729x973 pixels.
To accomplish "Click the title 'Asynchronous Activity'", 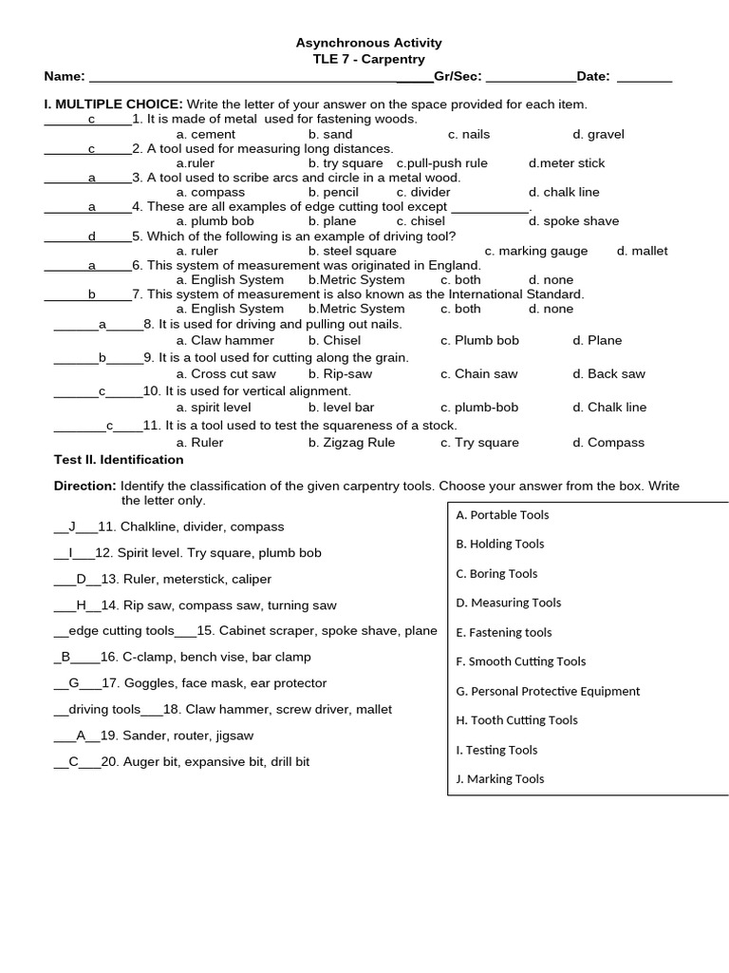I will coord(369,43).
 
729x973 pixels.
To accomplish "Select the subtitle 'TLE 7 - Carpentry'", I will coord(369,59).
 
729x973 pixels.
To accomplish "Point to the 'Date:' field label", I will coord(593,76).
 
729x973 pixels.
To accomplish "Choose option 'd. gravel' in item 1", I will coord(598,134).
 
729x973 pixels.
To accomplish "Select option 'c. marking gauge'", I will coord(536,251).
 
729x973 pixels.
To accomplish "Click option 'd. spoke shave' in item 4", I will coord(573,220).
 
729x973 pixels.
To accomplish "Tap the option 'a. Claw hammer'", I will coord(225,340).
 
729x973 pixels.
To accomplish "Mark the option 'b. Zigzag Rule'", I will coord(351,442).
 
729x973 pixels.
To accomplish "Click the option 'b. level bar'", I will coord(341,407).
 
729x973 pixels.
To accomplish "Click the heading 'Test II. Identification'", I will coord(119,459).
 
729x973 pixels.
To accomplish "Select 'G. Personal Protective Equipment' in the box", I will coord(548,691).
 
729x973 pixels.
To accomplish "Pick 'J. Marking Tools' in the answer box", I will coord(500,778).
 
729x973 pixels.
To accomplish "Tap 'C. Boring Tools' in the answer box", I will coord(496,573).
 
